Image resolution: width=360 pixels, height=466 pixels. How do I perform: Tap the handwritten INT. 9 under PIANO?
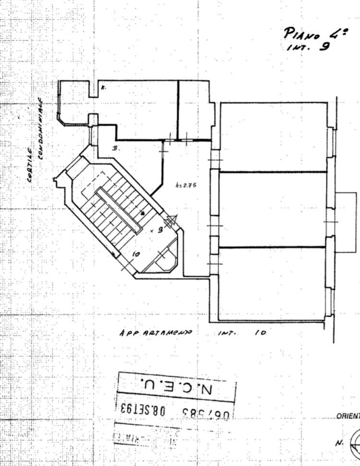tap(308, 48)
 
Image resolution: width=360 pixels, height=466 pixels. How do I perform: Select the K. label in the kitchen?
tap(103, 87)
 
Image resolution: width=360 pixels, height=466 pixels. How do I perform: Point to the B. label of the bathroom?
tap(115, 149)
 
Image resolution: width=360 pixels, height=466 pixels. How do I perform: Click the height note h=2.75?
tap(187, 184)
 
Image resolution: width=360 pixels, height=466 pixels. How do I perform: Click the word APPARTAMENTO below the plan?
tap(156, 332)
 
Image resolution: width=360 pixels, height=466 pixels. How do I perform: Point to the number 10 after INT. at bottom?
tap(260, 332)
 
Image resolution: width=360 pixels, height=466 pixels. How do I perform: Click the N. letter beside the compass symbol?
tap(338, 443)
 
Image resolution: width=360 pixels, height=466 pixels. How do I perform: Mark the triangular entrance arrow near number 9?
tap(170, 221)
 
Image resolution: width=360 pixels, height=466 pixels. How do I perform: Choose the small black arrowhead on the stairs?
tap(143, 213)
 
